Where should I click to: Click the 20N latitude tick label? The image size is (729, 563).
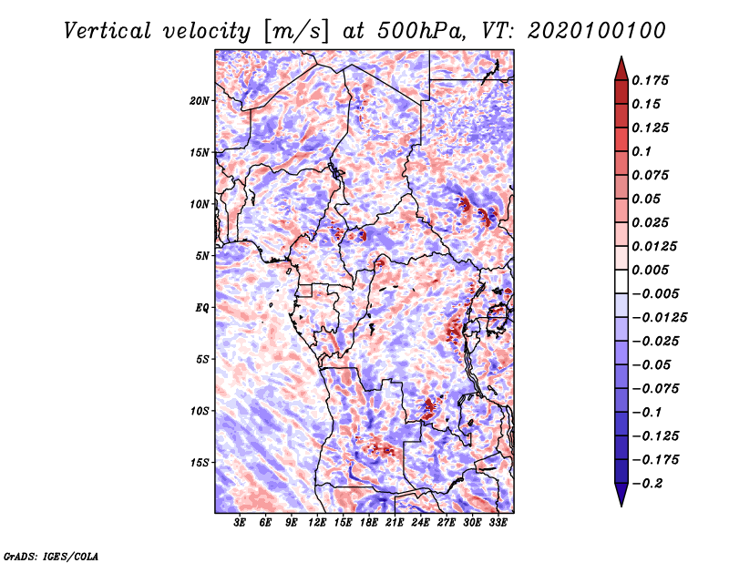(199, 100)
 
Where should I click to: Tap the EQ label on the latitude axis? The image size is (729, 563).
(201, 308)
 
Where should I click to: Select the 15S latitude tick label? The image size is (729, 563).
(199, 463)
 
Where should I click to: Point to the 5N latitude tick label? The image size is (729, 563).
(201, 256)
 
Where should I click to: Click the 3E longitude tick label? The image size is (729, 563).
(240, 522)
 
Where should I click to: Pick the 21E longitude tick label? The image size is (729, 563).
(395, 522)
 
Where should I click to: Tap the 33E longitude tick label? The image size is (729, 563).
(498, 522)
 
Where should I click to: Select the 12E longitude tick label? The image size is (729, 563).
(317, 522)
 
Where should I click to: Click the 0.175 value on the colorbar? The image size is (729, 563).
(650, 80)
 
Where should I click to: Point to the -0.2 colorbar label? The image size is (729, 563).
(647, 484)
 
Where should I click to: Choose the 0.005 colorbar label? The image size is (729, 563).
(650, 270)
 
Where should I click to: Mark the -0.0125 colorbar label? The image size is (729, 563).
(659, 318)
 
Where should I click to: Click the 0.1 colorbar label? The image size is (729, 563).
(642, 151)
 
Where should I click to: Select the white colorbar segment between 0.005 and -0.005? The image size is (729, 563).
(621, 281)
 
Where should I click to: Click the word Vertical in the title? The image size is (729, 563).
(108, 31)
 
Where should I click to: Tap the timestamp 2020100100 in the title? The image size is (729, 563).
(597, 31)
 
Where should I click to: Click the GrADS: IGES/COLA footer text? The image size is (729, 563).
(51, 557)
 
